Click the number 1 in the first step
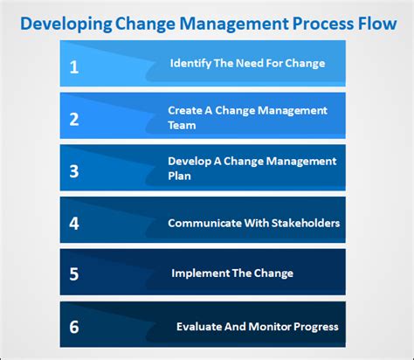[74, 66]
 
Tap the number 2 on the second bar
[74, 118]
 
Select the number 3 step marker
[74, 170]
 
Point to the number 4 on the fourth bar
[74, 223]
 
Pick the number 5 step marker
[74, 274]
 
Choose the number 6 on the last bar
[74, 327]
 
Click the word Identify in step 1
[189, 63]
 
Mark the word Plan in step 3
[180, 176]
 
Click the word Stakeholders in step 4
[306, 223]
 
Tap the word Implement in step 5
[198, 273]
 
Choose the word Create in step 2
[184, 110]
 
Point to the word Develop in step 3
[189, 161]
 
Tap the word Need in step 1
[247, 63]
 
